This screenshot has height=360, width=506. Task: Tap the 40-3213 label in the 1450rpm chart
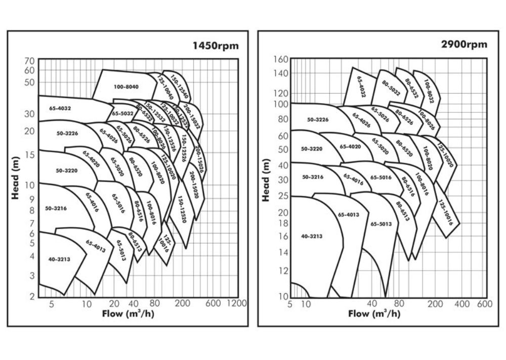[60, 259]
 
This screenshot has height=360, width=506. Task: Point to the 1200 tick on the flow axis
[237, 303]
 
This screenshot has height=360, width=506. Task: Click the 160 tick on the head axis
[281, 59]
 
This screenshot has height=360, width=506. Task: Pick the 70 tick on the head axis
[29, 61]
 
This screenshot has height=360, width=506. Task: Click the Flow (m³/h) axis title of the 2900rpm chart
[374, 313]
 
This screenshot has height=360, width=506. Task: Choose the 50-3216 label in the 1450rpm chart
[56, 208]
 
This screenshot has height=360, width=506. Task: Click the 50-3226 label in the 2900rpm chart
[318, 119]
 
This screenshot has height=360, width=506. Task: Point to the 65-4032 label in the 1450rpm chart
[60, 108]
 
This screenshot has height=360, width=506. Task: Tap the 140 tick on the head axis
[281, 73]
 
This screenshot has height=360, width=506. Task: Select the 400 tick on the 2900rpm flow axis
[461, 303]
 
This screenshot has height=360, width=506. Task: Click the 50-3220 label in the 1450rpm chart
[66, 170]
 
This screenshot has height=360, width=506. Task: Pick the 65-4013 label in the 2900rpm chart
[348, 214]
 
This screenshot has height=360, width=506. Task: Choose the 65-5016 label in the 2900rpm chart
[381, 177]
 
